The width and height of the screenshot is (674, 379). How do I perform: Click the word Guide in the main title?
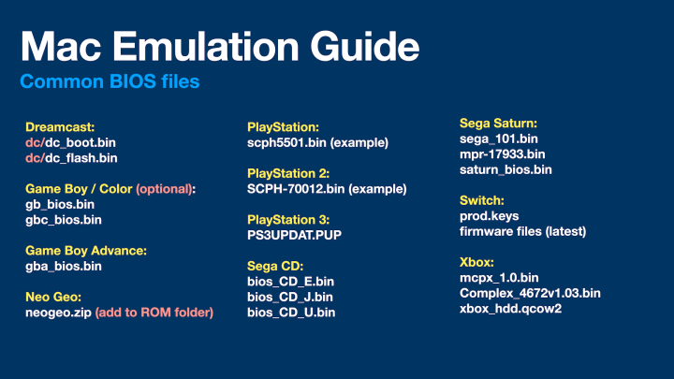pyautogui.click(x=364, y=46)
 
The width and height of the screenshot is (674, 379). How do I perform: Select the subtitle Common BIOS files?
pyautogui.click(x=110, y=81)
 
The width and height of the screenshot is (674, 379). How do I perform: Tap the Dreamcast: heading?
pyautogui.click(x=60, y=126)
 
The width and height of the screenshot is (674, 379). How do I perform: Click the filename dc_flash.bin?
pyautogui.click(x=81, y=158)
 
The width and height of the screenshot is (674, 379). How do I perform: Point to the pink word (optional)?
pyautogui.click(x=164, y=189)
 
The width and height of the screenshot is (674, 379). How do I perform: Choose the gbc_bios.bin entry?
pyautogui.click(x=64, y=220)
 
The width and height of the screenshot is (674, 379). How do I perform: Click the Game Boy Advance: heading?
pyautogui.click(x=86, y=251)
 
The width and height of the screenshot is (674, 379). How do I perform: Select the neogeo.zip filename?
pyautogui.click(x=58, y=313)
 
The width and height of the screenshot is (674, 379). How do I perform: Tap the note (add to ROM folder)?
pyautogui.click(x=154, y=313)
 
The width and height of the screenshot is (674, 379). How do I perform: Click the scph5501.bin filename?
pyautogui.click(x=286, y=142)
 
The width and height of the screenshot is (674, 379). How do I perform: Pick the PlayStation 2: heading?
pyautogui.click(x=288, y=173)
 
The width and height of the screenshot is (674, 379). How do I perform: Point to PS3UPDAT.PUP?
pyautogui.click(x=295, y=235)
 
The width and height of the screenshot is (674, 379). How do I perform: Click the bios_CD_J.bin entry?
pyautogui.click(x=290, y=297)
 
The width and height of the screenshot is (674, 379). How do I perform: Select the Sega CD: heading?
pyautogui.click(x=275, y=266)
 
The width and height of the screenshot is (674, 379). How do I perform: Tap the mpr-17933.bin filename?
pyautogui.click(x=503, y=153)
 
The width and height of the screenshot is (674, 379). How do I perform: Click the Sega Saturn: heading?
pyautogui.click(x=499, y=124)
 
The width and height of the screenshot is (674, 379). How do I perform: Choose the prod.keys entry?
pyautogui.click(x=490, y=216)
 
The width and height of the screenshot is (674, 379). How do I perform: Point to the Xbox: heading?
pyautogui.click(x=476, y=262)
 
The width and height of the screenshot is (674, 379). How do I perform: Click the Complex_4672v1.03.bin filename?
pyautogui.click(x=530, y=293)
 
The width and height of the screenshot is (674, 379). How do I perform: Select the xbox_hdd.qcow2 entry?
pyautogui.click(x=511, y=309)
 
